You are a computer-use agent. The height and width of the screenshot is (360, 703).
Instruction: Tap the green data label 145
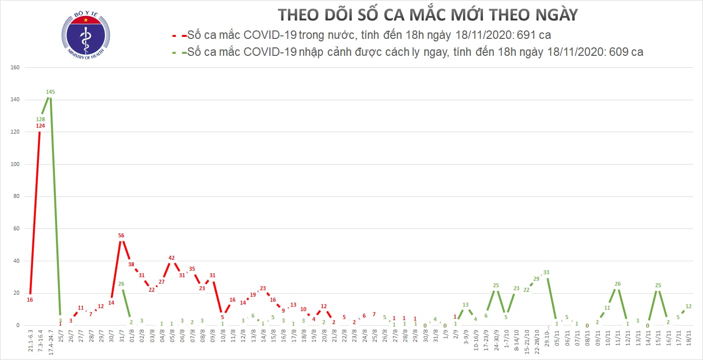[x=50, y=92]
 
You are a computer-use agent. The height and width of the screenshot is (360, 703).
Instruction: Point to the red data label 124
[x=40, y=126]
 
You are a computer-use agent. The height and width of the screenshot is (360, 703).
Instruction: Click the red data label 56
[x=121, y=235]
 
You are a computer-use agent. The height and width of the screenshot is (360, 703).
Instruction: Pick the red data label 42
[x=172, y=258]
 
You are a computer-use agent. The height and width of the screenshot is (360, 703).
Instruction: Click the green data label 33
[x=546, y=272]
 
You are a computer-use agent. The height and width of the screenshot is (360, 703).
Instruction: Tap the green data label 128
[x=40, y=119]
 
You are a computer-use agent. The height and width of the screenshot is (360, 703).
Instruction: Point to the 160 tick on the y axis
[x=14, y=67]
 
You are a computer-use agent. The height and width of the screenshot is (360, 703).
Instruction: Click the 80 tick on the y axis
[x=15, y=196]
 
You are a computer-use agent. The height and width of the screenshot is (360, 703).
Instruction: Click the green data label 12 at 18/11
[x=688, y=306]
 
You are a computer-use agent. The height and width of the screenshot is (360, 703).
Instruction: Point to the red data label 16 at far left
[x=30, y=300]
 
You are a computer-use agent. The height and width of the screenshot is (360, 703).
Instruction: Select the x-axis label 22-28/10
[x=536, y=342]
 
